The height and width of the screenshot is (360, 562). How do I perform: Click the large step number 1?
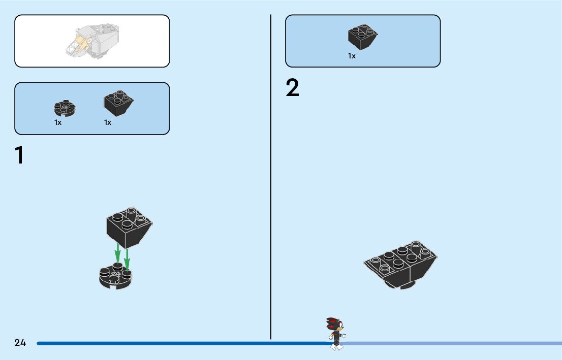click(19, 155)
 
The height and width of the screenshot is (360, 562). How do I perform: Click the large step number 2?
click(293, 88)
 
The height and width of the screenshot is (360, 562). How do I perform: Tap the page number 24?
click(20, 343)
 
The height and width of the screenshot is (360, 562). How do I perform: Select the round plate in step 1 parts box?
click(65, 107)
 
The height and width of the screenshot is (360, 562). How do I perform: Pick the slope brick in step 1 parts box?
click(118, 102)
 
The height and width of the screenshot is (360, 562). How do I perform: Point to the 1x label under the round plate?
click(58, 122)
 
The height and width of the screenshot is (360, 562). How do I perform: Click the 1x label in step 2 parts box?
click(352, 56)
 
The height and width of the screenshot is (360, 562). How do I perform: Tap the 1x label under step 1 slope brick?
click(108, 122)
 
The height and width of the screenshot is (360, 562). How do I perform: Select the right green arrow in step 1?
click(127, 257)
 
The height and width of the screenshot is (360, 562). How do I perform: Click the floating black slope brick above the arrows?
click(129, 226)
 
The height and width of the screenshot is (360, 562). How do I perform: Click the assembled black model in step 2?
click(401, 264)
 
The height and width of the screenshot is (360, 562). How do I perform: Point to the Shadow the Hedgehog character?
click(335, 333)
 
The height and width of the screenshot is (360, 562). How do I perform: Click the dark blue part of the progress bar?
click(178, 343)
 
